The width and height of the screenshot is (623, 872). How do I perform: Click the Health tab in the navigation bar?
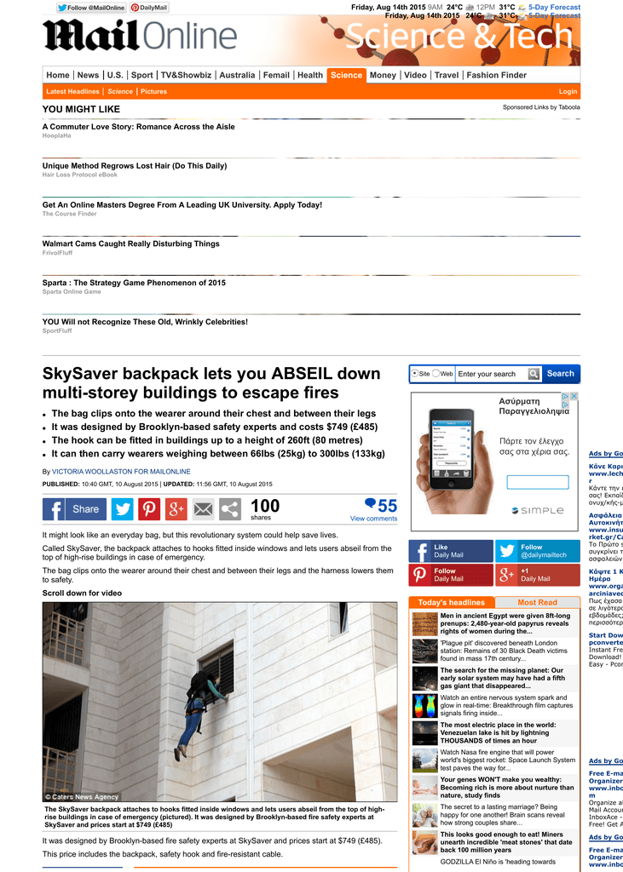click(x=310, y=75)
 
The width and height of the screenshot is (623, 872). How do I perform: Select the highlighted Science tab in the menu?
click(x=346, y=75)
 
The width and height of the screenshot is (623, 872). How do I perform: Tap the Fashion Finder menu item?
click(x=496, y=75)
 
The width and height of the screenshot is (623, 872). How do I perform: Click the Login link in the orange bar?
click(x=568, y=91)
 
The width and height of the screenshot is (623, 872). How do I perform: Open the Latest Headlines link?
click(x=72, y=91)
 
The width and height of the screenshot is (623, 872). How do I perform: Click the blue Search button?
click(x=560, y=373)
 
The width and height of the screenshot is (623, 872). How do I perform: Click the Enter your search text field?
click(x=491, y=374)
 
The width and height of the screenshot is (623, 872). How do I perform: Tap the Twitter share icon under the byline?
click(x=123, y=509)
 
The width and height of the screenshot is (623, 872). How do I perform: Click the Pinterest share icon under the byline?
click(x=149, y=509)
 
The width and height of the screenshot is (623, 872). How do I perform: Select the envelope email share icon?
click(x=203, y=509)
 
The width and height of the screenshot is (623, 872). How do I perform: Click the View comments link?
click(x=373, y=519)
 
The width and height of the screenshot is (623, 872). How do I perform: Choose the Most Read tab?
click(x=537, y=603)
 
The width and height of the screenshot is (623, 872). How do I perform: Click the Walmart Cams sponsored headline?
click(x=131, y=244)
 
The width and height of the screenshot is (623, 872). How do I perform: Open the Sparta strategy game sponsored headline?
click(x=134, y=283)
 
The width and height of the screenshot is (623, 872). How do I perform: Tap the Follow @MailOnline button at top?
click(x=91, y=8)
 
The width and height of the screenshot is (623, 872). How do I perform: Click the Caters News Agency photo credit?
click(x=83, y=797)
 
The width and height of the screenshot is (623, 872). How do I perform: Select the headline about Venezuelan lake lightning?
click(x=498, y=732)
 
